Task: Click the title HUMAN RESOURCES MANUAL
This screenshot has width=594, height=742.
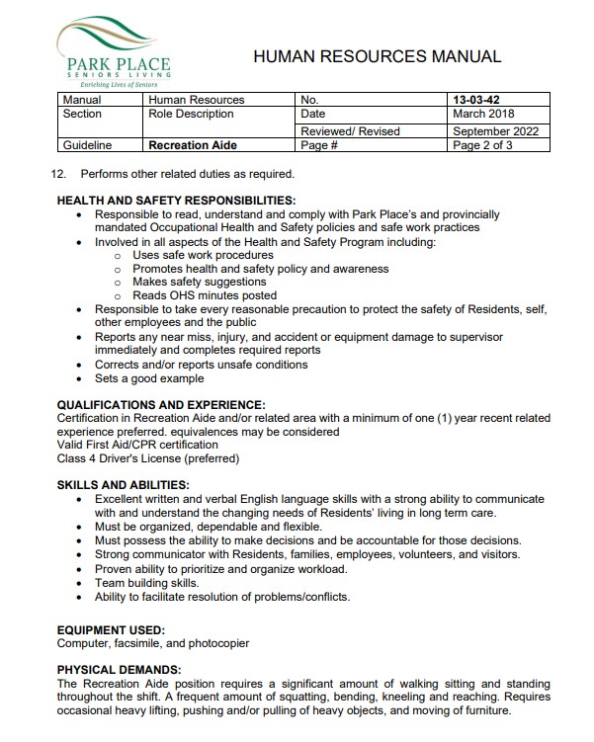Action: coord(377,57)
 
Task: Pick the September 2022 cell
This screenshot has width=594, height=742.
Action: coord(495,130)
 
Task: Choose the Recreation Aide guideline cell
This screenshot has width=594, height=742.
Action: coord(193,145)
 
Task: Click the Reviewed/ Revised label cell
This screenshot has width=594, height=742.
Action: coord(350,130)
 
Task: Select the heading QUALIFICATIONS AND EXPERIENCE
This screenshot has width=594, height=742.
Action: coord(161,404)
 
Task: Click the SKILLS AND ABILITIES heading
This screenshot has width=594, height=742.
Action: coord(124,485)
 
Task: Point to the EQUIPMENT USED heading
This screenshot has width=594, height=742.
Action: coord(111,629)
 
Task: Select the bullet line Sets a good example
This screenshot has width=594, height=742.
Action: coord(149,378)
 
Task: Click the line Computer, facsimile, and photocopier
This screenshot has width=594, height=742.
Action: coord(153,643)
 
